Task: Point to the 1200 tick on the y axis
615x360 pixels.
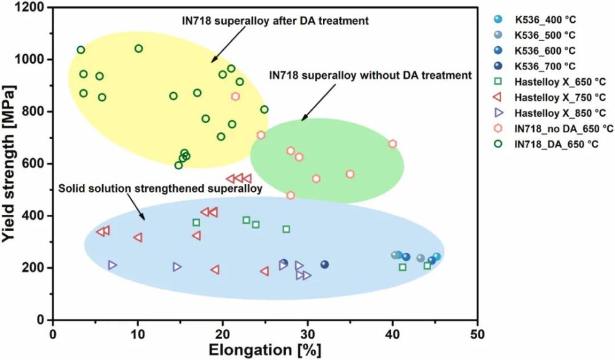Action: tap(33, 7)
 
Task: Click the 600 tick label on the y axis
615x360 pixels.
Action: tap(36, 164)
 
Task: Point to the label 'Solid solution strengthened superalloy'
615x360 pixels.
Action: tap(161, 187)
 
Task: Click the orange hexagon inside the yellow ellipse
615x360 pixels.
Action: tap(236, 97)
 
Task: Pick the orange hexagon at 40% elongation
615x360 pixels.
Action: tap(392, 144)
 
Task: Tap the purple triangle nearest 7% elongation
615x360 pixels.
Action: tap(113, 265)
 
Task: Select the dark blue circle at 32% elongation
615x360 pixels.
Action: tap(325, 265)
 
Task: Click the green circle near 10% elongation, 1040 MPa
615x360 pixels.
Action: tap(138, 49)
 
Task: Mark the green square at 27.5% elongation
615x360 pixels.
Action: tap(286, 230)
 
